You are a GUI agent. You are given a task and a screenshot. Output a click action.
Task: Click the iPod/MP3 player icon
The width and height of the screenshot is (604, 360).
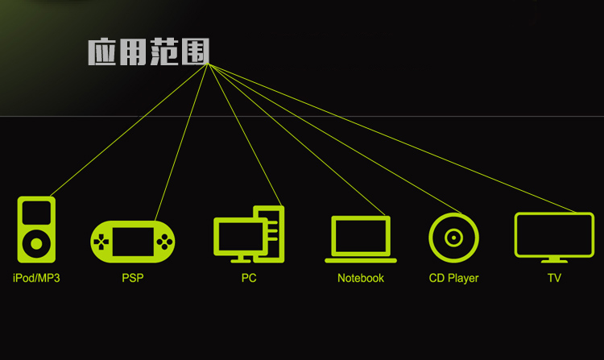pyautogui.click(x=36, y=230)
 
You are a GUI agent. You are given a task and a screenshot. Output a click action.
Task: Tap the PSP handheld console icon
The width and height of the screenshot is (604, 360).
pyautogui.click(x=133, y=240)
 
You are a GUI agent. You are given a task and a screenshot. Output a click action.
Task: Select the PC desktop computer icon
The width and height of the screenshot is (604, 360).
pyautogui.click(x=249, y=234)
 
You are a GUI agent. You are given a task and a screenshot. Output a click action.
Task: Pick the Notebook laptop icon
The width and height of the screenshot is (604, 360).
pyautogui.click(x=361, y=239)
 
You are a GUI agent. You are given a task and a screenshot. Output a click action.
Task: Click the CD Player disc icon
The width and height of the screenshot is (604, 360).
pyautogui.click(x=453, y=238)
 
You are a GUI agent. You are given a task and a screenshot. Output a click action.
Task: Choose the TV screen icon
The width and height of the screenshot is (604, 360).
pyautogui.click(x=554, y=236)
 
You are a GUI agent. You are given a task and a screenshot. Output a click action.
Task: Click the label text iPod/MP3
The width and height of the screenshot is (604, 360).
pyautogui.click(x=36, y=278)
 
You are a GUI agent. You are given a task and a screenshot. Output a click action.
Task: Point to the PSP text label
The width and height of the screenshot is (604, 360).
pyautogui.click(x=133, y=278)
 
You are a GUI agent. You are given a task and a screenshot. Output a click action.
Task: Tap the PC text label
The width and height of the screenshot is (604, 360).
pyautogui.click(x=249, y=278)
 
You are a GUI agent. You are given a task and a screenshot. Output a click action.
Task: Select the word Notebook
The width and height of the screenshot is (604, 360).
pyautogui.click(x=361, y=278)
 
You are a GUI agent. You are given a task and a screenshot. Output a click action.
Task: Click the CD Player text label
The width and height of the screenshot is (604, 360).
pyautogui.click(x=453, y=278)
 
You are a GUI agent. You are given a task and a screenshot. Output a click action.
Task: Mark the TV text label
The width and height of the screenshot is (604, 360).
pyautogui.click(x=554, y=278)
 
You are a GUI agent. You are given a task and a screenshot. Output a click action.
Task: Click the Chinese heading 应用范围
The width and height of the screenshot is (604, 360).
pyautogui.click(x=148, y=52)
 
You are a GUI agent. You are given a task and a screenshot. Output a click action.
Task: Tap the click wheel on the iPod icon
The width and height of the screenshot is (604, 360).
pyautogui.click(x=36, y=243)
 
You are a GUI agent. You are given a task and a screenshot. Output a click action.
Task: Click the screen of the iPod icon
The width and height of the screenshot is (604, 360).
pyautogui.click(x=36, y=213)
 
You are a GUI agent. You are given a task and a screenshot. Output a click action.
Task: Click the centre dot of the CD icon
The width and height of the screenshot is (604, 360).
pyautogui.click(x=453, y=238)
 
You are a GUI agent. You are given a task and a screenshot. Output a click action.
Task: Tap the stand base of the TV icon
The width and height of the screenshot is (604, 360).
pyautogui.click(x=554, y=261)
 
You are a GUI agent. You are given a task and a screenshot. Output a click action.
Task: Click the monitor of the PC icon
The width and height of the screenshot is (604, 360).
pyautogui.click(x=237, y=235)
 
